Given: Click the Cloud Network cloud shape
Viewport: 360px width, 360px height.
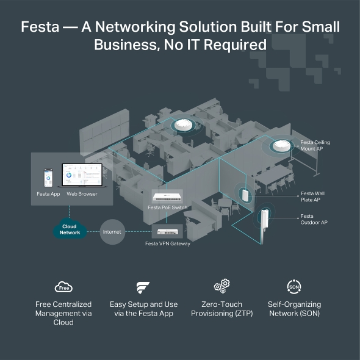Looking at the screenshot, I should click(70, 230).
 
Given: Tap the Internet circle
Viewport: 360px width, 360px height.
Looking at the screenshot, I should click(112, 232).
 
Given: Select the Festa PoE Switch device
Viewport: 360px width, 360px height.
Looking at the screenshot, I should click(167, 196).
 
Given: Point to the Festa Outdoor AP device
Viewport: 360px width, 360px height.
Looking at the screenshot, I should click(266, 225).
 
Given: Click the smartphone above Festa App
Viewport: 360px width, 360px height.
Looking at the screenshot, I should click(48, 178).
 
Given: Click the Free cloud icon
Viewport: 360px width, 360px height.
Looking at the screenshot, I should click(63, 287).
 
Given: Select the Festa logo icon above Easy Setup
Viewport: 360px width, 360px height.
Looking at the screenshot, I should click(142, 287).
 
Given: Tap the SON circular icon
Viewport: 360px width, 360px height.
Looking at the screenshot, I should click(294, 286).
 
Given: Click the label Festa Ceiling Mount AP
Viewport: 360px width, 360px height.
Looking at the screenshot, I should click(315, 145).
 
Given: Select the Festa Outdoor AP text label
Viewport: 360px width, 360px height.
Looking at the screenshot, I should click(314, 219).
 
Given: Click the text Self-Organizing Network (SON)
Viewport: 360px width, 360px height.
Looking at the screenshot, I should click(294, 309).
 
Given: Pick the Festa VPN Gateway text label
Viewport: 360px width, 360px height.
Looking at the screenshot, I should click(167, 243).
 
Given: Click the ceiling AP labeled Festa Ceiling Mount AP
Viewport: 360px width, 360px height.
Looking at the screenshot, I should click(281, 146).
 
